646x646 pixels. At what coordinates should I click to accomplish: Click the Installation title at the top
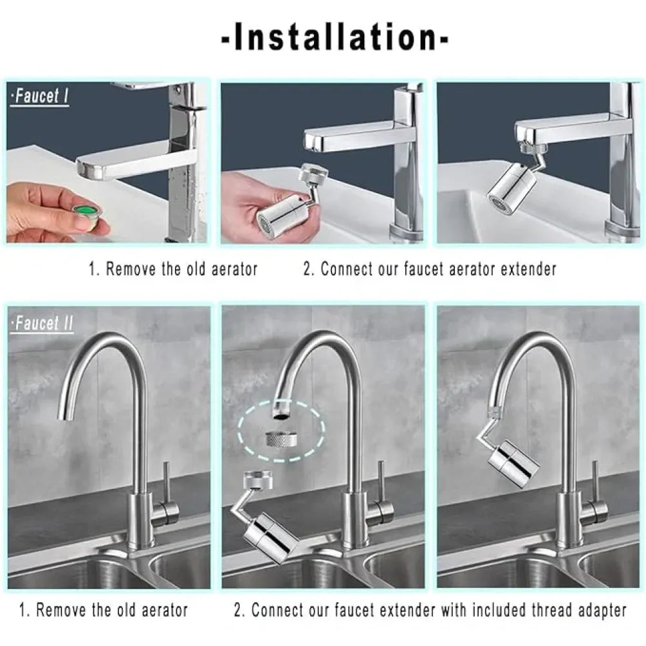point(335,38)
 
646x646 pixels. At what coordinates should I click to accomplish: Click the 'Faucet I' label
point(40,97)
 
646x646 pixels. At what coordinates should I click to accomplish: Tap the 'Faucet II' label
point(43,323)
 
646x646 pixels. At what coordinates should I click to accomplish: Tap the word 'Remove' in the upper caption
point(131,269)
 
